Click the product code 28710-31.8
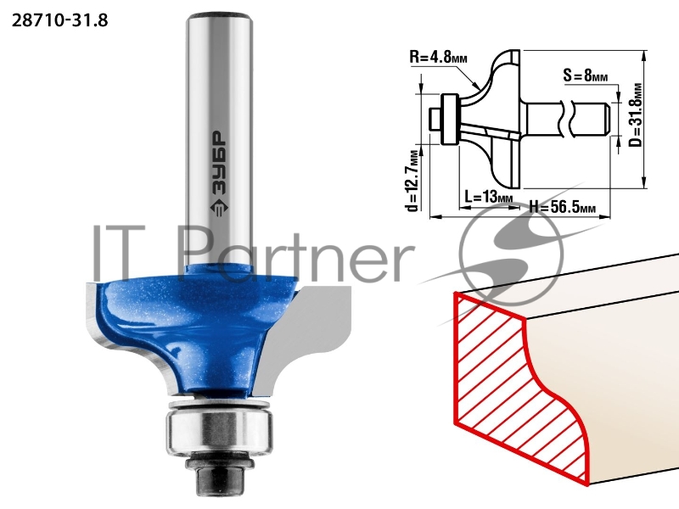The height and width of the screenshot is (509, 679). (59, 20)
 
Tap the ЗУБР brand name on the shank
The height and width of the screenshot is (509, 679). (220, 162)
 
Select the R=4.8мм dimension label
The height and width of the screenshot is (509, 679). (438, 57)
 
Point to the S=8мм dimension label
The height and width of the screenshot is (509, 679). (586, 76)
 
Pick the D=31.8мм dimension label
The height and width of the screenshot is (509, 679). (636, 115)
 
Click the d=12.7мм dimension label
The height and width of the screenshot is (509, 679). (413, 181)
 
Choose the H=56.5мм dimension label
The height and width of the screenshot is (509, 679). (562, 207)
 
